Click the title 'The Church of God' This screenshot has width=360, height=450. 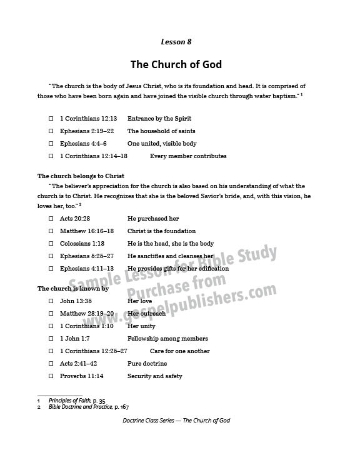176,64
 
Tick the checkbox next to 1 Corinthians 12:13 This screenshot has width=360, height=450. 51,119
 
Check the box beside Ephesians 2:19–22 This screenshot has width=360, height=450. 51,131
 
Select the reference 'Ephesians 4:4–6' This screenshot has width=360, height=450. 83,144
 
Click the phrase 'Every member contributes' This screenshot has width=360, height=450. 188,156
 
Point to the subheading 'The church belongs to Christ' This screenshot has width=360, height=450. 81,176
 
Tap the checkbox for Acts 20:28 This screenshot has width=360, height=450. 51,219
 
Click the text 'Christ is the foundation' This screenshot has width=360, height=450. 161,231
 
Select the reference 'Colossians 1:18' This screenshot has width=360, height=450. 82,244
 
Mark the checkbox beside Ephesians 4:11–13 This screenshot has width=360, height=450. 51,269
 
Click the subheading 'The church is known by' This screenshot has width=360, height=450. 73,289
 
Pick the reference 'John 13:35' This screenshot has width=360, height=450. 76,301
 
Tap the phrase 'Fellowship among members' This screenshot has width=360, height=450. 167,339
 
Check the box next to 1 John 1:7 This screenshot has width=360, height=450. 51,339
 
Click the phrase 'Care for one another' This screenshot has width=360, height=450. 179,351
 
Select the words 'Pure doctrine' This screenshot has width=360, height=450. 147,364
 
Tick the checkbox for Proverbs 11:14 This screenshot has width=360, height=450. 51,376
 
